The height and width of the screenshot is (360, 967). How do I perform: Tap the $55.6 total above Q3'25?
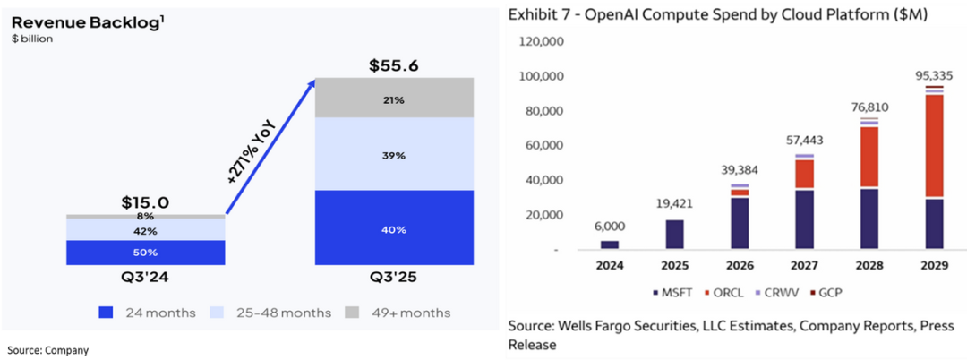click(x=394, y=66)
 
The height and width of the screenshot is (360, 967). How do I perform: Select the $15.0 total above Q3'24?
click(x=145, y=203)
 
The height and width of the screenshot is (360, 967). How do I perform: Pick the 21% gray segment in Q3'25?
click(x=394, y=99)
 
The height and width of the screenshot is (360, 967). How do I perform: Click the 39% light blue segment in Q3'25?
click(x=394, y=155)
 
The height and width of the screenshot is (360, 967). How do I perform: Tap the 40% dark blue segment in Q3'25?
click(x=394, y=229)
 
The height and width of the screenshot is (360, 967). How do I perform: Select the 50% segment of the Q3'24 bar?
click(x=145, y=253)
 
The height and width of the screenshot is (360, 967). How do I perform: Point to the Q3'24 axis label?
click(x=145, y=278)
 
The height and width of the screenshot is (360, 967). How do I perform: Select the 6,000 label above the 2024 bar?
click(x=608, y=227)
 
